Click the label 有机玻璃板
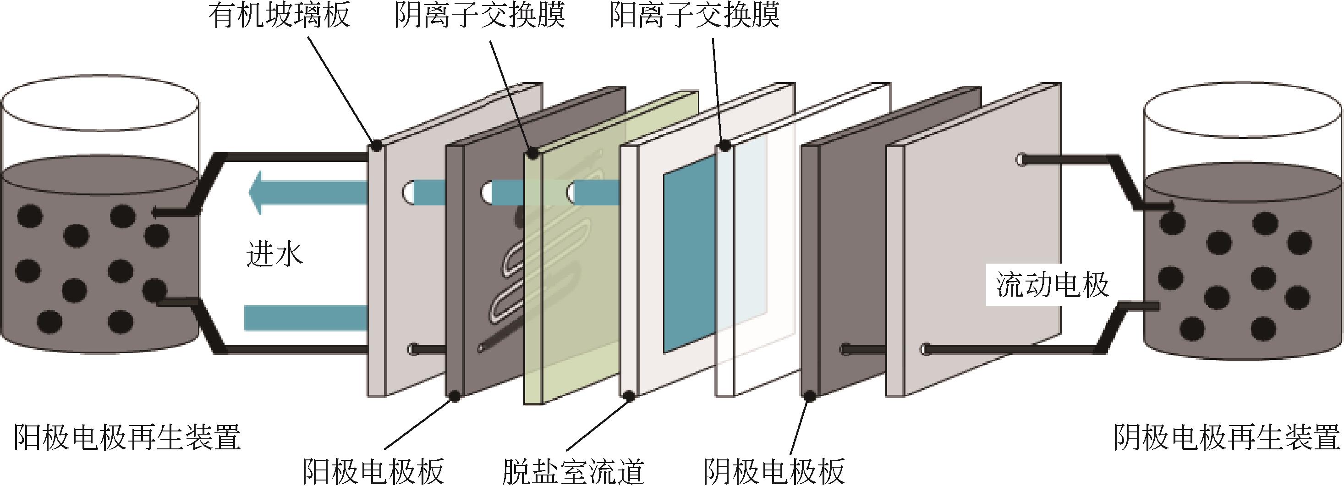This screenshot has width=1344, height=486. pos(279,15)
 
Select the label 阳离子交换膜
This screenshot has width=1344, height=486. pos(694,15)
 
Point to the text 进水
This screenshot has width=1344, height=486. pos(274,256)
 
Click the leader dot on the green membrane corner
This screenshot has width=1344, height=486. pos(532,154)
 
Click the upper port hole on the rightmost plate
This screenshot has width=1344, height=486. pos(1021,159)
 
